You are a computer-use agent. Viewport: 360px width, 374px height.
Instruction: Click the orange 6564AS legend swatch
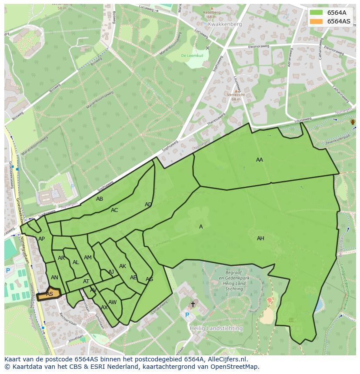click(x=317, y=21)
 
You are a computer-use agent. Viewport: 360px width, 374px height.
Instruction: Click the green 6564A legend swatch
click(x=317, y=13)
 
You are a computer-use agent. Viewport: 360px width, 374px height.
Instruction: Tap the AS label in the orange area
click(x=50, y=294)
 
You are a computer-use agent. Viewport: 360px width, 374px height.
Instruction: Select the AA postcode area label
click(x=260, y=160)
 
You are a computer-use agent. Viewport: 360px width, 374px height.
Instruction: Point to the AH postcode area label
click(x=260, y=238)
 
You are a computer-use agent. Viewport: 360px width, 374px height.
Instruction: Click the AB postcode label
click(x=100, y=199)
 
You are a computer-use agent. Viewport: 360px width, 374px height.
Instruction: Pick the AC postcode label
click(x=114, y=210)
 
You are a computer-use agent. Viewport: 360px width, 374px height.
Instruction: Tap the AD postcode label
click(x=148, y=205)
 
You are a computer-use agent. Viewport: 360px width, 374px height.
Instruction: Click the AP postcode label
click(x=41, y=239)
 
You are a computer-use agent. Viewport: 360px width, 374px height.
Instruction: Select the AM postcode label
click(x=88, y=258)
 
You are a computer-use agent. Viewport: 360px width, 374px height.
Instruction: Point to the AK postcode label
click(x=123, y=266)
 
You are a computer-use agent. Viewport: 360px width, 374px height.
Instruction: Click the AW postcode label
click(x=113, y=302)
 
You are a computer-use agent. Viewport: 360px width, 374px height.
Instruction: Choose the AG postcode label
click(x=149, y=279)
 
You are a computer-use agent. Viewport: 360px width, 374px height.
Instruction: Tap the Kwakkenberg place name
click(x=225, y=24)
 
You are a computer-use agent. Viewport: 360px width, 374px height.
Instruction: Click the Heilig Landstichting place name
click(x=219, y=328)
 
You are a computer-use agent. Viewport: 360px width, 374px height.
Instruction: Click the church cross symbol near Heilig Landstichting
click(x=193, y=304)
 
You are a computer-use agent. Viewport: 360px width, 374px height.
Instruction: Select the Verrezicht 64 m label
click(x=236, y=97)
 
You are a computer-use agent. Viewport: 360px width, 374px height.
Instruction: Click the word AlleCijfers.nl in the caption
click(x=226, y=359)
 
